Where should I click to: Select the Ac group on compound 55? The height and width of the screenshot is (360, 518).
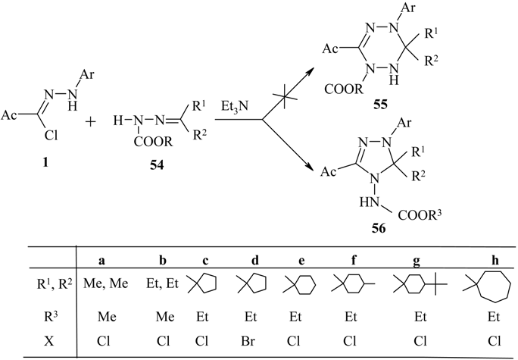[x=347, y=51]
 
